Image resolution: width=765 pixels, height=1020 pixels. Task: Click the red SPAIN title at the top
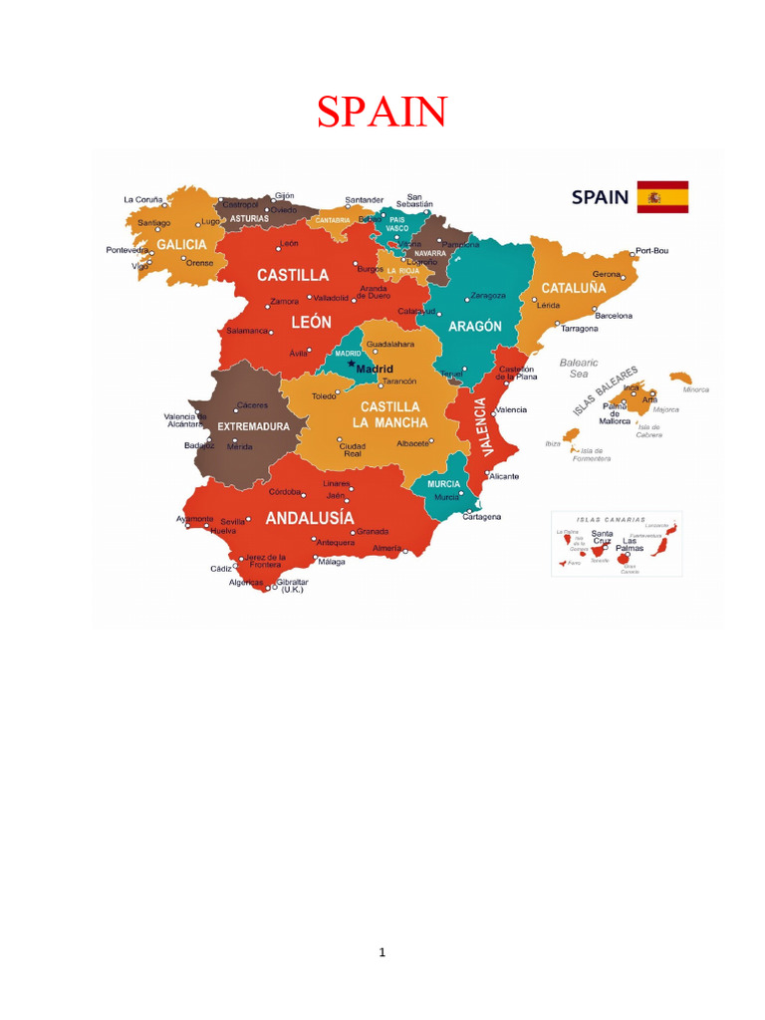click(x=382, y=112)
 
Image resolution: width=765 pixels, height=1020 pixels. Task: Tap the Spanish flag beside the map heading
click(x=662, y=197)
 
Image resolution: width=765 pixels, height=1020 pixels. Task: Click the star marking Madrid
click(x=351, y=365)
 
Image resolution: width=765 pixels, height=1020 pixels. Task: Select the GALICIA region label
click(x=181, y=244)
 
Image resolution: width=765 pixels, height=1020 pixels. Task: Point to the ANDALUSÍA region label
click(x=309, y=518)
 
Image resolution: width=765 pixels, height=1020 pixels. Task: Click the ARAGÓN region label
click(x=475, y=326)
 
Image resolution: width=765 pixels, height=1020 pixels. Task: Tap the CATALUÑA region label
click(x=574, y=288)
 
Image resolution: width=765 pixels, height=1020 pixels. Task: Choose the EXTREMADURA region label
click(x=253, y=426)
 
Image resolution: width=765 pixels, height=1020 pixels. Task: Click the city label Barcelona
click(x=614, y=316)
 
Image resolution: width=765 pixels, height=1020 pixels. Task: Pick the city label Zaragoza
click(x=488, y=295)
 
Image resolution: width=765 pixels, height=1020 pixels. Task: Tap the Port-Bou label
click(x=651, y=251)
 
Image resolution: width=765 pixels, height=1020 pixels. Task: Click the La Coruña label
click(x=142, y=199)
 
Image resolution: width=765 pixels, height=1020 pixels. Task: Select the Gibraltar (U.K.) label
click(x=292, y=586)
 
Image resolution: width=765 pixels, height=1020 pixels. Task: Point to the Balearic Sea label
click(x=579, y=368)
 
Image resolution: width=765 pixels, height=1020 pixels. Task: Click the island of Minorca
click(x=681, y=379)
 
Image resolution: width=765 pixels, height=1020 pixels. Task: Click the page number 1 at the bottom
click(x=382, y=952)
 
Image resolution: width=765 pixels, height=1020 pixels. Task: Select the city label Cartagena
click(x=482, y=516)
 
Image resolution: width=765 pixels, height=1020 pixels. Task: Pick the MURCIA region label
click(x=443, y=484)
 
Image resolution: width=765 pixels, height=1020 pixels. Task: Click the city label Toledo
click(x=325, y=396)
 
